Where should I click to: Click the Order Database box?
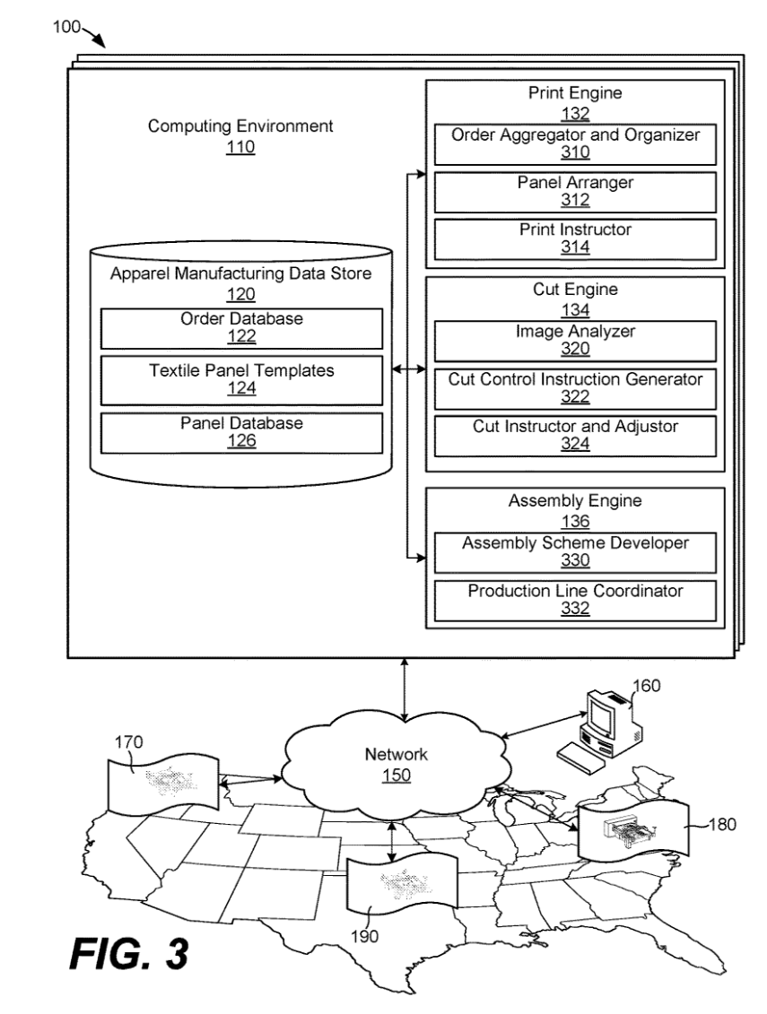pos(242,328)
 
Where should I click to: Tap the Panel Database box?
pos(242,431)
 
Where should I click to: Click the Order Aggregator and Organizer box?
pos(575,143)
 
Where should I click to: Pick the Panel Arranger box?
pos(575,192)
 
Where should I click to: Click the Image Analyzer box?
pos(575,341)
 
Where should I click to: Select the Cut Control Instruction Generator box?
pos(575,388)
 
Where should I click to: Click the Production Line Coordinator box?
pos(575,600)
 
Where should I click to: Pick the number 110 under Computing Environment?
pos(240,148)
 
